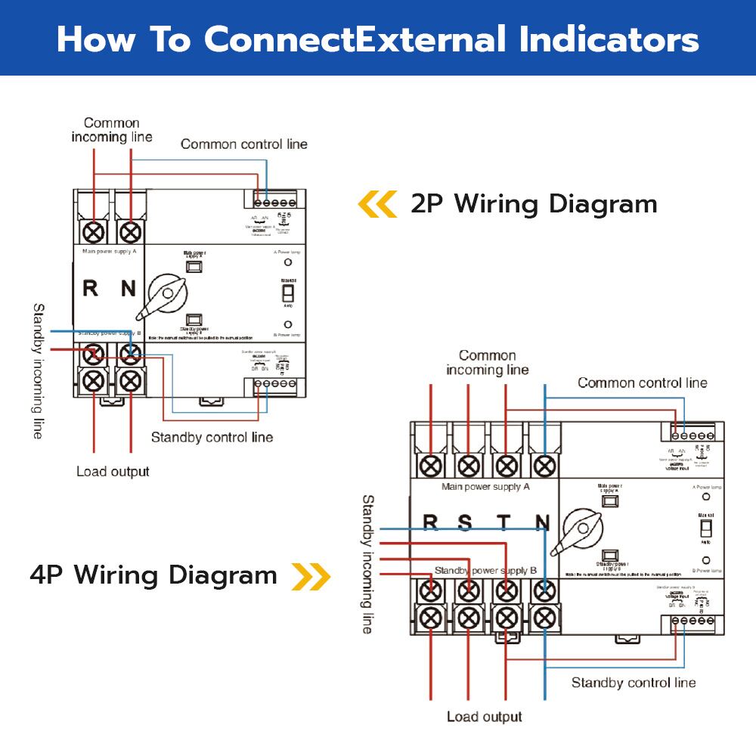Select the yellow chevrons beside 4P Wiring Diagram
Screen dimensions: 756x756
(311, 576)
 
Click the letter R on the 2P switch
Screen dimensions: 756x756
(89, 288)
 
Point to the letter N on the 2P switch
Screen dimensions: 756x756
(128, 288)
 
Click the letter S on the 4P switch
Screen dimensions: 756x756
(465, 522)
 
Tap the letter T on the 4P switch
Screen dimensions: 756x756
(504, 522)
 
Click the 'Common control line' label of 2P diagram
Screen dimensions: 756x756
(243, 144)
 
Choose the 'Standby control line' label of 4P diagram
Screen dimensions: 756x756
(633, 683)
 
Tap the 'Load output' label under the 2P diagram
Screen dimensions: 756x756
(113, 472)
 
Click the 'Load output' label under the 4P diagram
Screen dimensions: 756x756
(484, 716)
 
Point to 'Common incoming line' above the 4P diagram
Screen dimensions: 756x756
(487, 362)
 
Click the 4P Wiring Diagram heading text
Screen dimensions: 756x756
(154, 575)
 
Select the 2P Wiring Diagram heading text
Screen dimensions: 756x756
(534, 204)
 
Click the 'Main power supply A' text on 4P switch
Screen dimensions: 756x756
(485, 487)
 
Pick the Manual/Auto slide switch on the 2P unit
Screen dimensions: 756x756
(287, 292)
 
